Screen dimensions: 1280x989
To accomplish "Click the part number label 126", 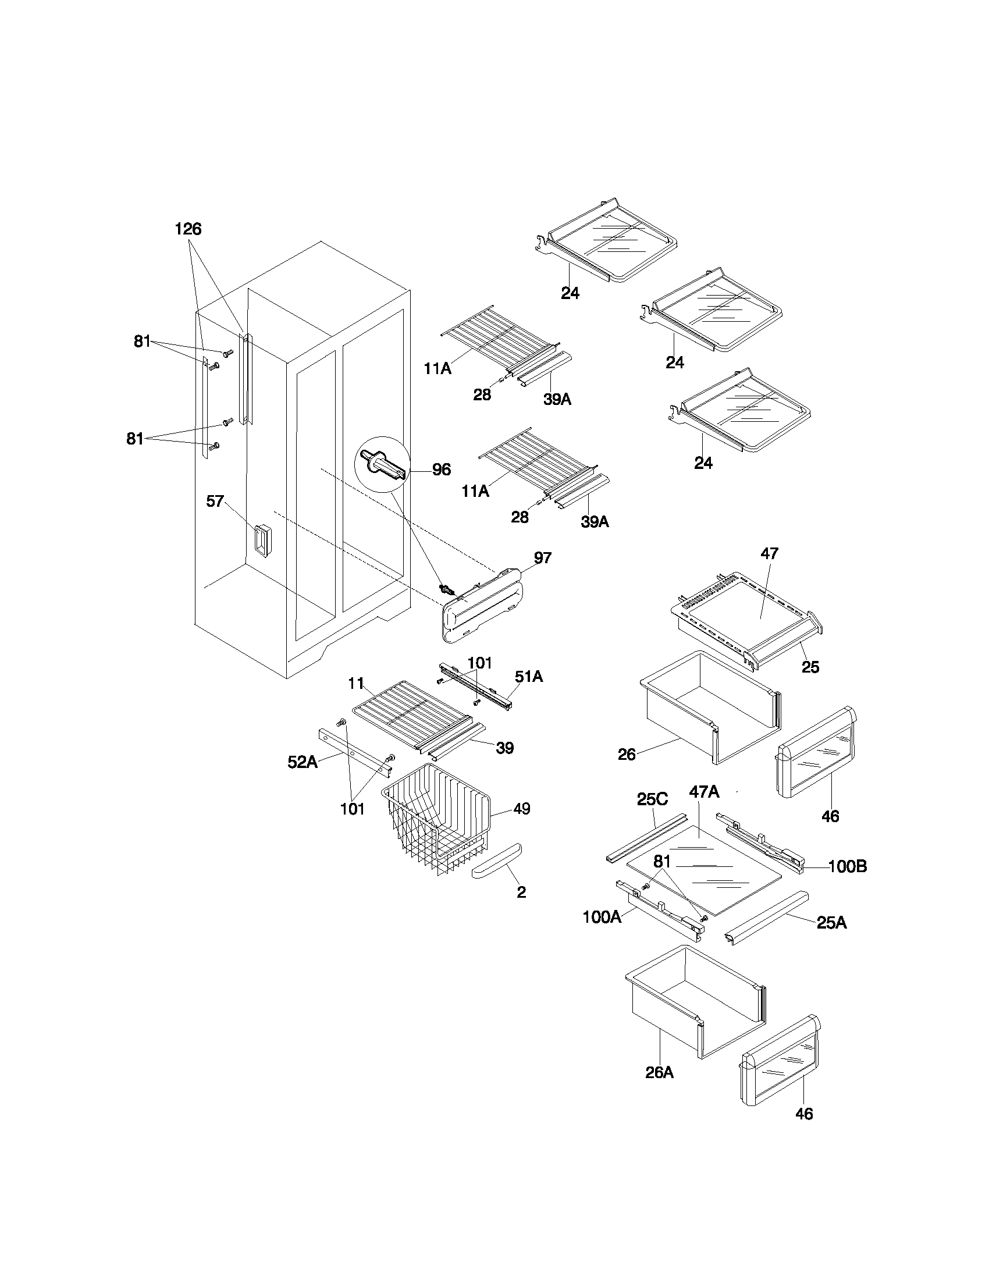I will point(188,229).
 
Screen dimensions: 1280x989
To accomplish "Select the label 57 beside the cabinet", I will point(215,501).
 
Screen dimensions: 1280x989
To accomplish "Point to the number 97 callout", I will point(543,557).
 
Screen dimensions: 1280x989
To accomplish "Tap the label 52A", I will point(303,762).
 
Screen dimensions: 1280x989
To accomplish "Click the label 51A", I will point(528,676).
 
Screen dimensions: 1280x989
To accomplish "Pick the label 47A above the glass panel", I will point(705,792).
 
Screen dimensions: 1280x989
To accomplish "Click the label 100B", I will point(847,866).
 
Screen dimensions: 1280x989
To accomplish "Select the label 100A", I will point(602,917).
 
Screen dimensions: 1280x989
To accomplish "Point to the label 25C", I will point(652,799).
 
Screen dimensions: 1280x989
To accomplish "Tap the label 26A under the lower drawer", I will point(660,1072).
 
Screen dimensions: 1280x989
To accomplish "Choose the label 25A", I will point(831,923).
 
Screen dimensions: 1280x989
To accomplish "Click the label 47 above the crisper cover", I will point(769,553).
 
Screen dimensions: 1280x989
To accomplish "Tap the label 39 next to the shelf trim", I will point(504,748).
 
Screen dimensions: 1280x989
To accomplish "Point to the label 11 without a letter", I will point(356,683).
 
